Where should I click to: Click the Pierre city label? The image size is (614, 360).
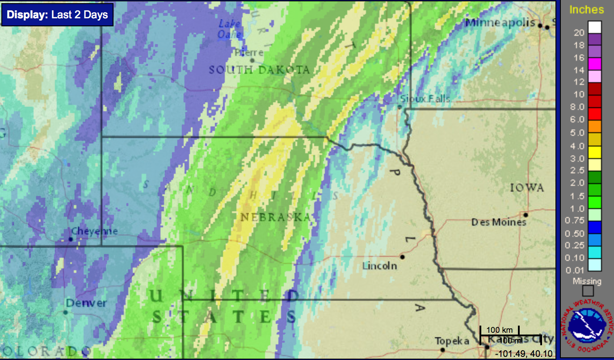[249, 53]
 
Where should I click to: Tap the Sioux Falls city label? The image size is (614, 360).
[425, 99]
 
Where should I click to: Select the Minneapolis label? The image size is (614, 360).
[500, 22]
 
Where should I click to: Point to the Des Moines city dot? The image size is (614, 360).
[526, 215]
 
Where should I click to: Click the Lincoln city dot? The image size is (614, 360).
[403, 257]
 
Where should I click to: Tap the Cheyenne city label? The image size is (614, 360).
[95, 231]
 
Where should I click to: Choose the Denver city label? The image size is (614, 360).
[86, 303]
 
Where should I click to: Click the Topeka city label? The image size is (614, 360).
[452, 342]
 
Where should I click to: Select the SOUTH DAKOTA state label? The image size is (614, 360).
[259, 70]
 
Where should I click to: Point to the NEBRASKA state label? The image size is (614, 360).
[275, 218]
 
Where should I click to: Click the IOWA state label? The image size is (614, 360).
[527, 188]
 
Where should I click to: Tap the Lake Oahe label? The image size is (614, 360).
[230, 29]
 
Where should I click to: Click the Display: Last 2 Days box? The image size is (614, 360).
[57, 15]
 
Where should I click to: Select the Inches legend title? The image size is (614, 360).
[586, 10]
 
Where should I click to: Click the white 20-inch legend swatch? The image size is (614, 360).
[594, 27]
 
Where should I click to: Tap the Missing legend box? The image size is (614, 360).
[588, 291]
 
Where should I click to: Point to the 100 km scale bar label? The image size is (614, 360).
[500, 330]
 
